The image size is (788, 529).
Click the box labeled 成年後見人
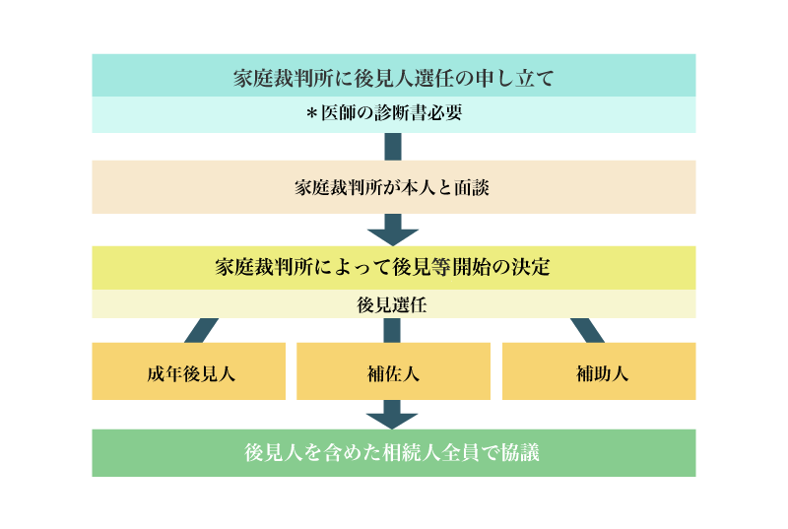188,371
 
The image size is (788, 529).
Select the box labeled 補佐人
393,371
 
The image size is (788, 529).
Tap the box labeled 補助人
599,371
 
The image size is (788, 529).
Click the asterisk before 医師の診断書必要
311,114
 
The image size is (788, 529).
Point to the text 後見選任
392,305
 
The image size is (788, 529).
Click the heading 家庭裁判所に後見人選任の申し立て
393,79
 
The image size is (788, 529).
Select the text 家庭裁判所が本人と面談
392,188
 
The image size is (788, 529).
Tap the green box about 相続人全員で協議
394,452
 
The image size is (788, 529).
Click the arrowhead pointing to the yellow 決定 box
393,237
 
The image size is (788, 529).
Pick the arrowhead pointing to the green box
392,421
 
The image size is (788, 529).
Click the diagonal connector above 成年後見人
202,330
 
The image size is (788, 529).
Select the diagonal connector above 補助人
587,330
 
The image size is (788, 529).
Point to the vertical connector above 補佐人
392,330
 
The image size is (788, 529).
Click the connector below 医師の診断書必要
393,147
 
